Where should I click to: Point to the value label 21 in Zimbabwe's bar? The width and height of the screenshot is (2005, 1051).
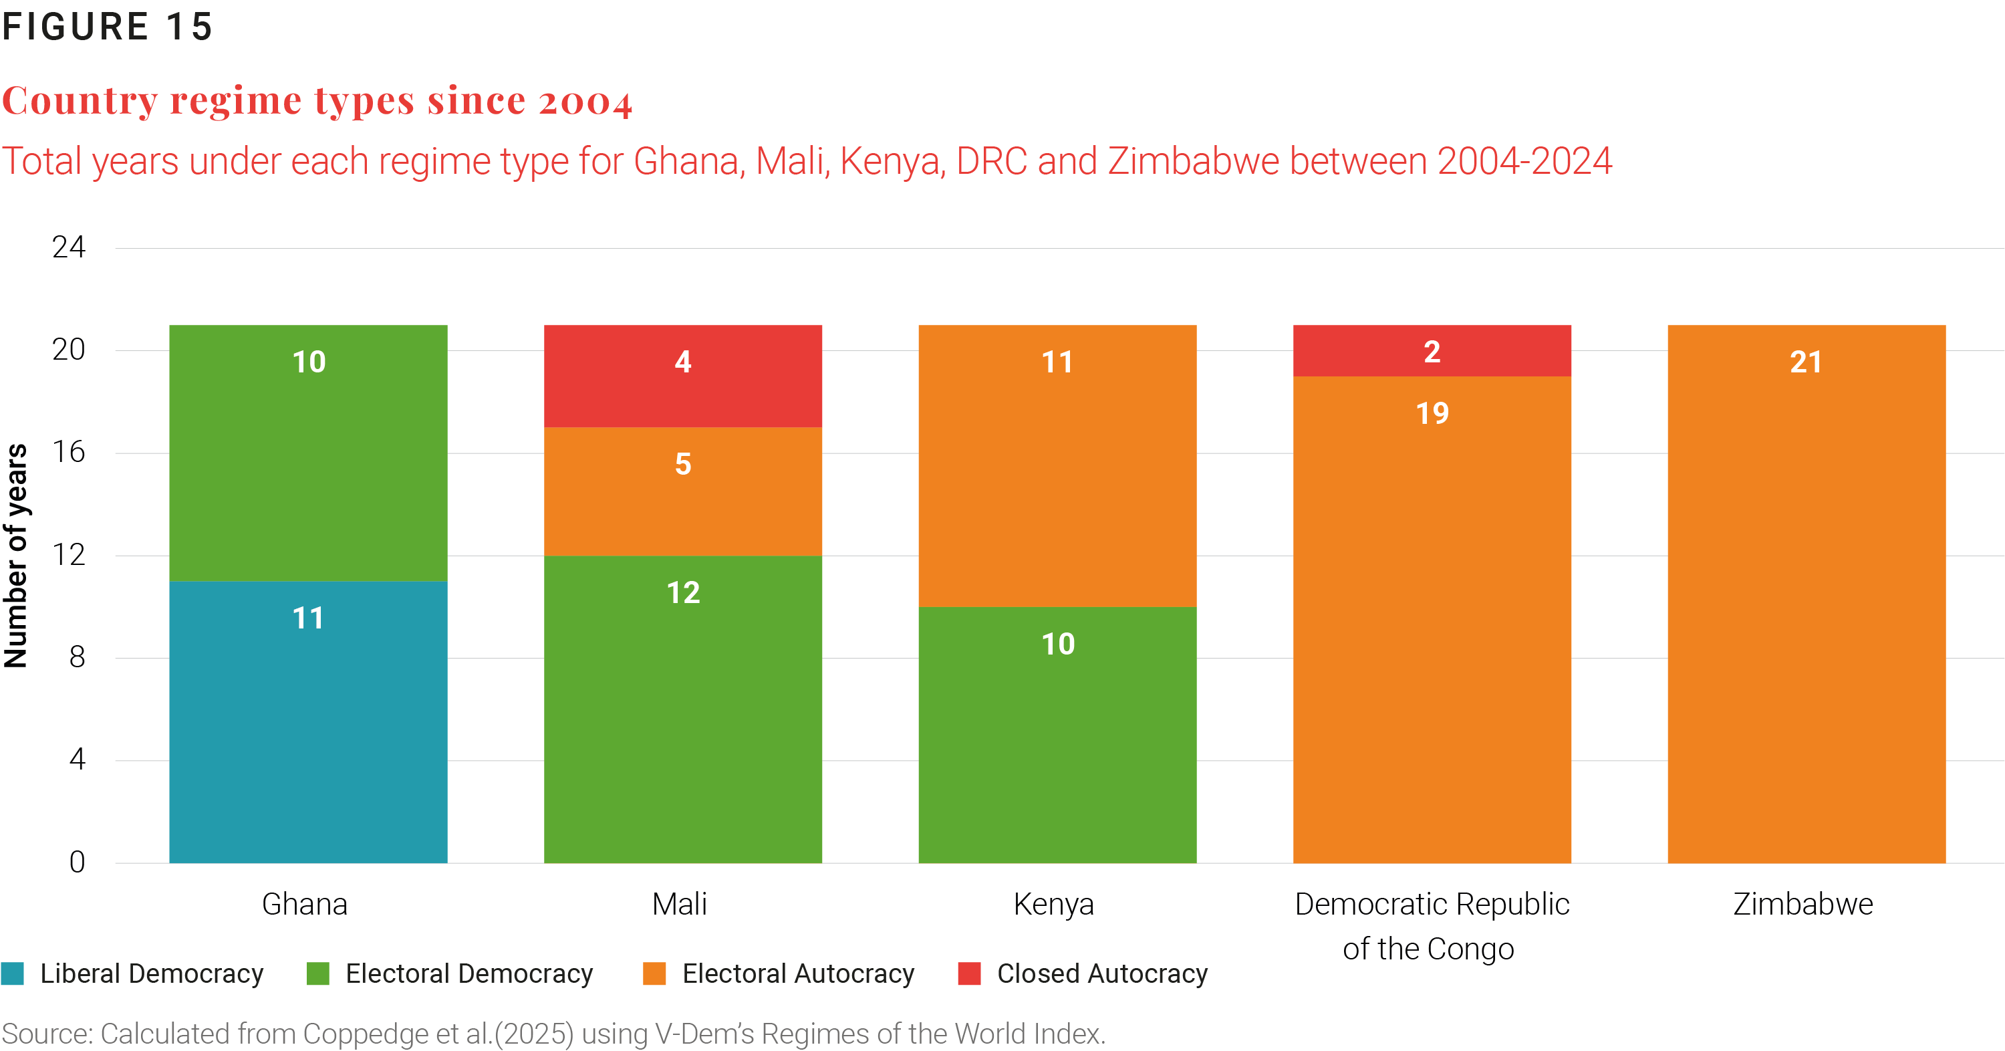click(x=1806, y=362)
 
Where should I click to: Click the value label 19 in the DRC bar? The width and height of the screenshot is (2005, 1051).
click(x=1432, y=413)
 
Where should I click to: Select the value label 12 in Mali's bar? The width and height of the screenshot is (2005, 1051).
click(x=682, y=593)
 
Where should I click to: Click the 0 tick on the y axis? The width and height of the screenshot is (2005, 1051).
click(x=76, y=862)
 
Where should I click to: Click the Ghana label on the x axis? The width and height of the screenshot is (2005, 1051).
click(x=304, y=905)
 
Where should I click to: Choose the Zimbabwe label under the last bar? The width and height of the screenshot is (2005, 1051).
click(x=1802, y=905)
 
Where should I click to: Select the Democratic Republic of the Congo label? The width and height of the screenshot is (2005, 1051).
click(x=1431, y=927)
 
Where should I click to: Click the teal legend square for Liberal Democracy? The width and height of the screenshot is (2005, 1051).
click(x=13, y=973)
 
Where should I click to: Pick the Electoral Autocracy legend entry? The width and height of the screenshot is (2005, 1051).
click(x=797, y=974)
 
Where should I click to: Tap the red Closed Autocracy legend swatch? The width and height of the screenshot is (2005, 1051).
click(x=969, y=973)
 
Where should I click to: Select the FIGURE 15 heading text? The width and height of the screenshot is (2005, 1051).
click(x=107, y=27)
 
